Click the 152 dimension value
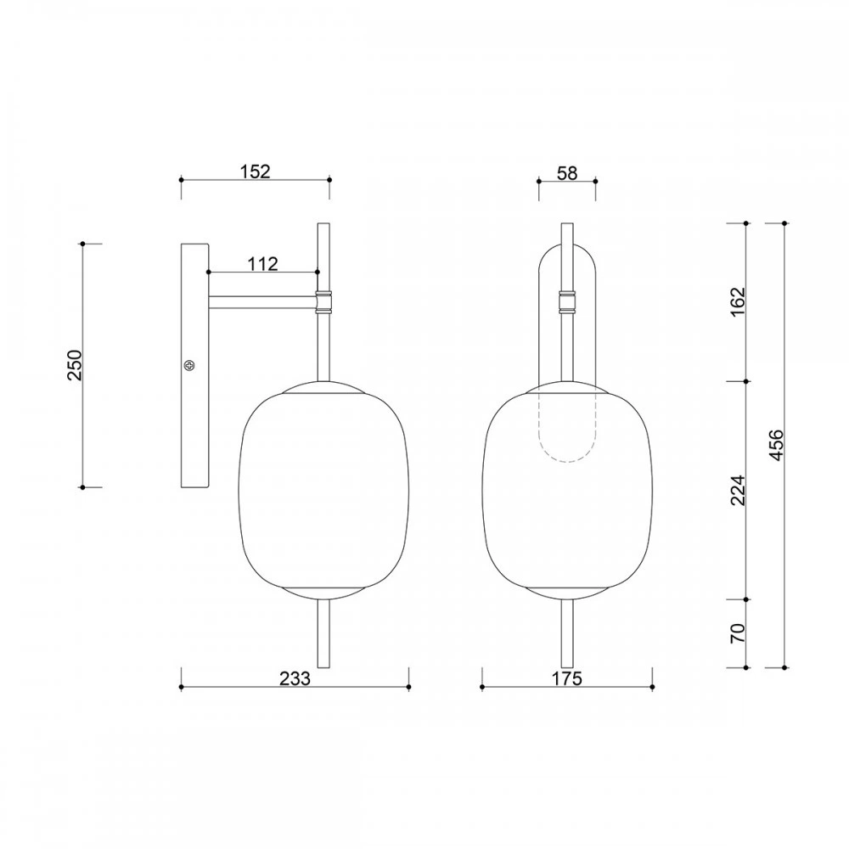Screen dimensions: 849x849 click(255, 171)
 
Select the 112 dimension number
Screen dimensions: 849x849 click(262, 264)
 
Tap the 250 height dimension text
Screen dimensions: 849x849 click(74, 365)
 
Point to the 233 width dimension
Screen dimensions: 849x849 click(295, 678)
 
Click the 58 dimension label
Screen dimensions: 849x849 click(567, 173)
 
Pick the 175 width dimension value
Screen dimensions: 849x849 click(567, 678)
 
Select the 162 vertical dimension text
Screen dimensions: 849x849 click(738, 302)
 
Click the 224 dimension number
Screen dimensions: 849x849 click(738, 491)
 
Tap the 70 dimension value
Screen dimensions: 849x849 click(738, 633)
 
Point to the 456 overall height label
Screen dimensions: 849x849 click(776, 445)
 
